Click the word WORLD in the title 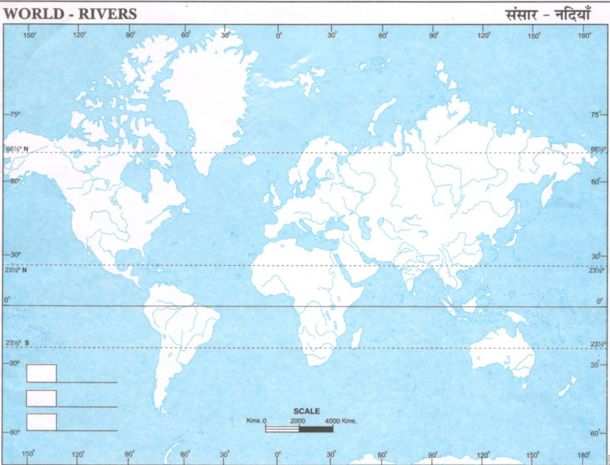(x=29, y=13)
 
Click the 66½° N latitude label (x=17, y=149)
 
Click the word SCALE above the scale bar (x=307, y=411)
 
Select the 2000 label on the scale (x=298, y=421)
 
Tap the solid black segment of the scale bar (x=316, y=428)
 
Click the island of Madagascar (x=356, y=338)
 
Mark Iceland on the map (x=250, y=160)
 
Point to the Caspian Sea (x=365, y=227)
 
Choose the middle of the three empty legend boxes (x=41, y=398)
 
